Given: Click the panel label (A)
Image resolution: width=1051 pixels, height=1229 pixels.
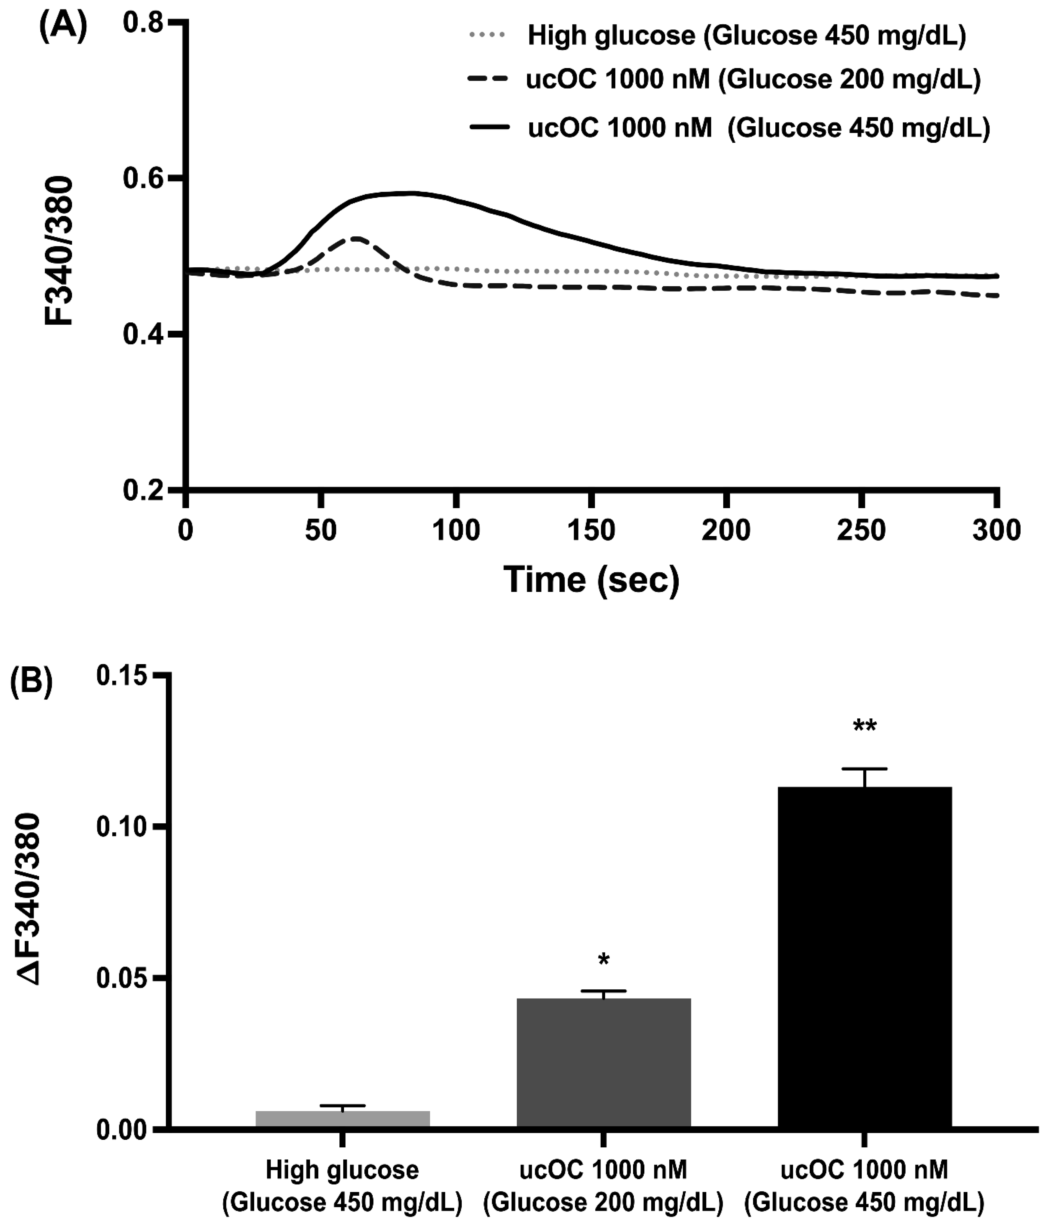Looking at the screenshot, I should coord(62,27).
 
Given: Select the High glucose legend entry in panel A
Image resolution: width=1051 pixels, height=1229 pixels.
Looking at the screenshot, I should coord(746,36).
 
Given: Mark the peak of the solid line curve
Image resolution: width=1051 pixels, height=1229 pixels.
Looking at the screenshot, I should coord(409,193).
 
